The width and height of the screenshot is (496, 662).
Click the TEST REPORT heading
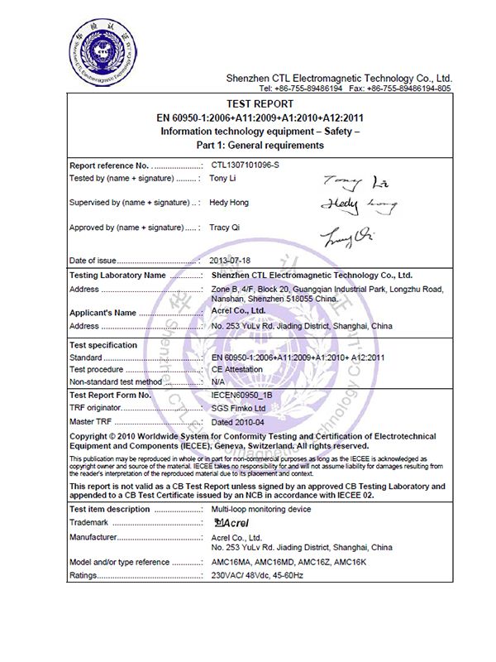click(260, 104)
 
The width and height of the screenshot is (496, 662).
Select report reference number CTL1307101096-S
click(246, 165)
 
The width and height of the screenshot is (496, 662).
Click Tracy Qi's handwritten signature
click(346, 237)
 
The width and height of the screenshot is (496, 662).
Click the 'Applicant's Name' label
click(103, 313)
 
